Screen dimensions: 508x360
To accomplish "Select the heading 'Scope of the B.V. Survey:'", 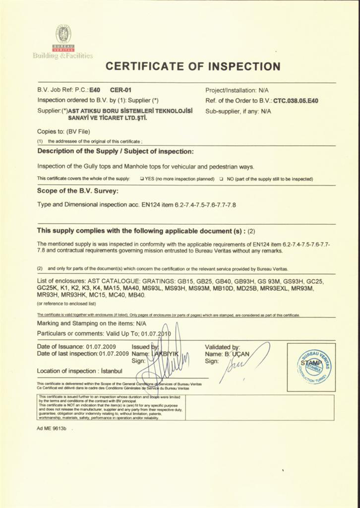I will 78,190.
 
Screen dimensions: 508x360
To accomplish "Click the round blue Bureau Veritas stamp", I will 314,367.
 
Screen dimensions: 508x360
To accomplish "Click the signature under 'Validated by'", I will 243,365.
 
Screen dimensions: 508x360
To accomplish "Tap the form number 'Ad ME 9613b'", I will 52,428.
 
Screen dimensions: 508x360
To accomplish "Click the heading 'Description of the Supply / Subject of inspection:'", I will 116,151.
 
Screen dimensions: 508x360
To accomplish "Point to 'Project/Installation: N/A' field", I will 237,91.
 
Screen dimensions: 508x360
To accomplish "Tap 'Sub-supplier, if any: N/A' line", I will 238,111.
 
